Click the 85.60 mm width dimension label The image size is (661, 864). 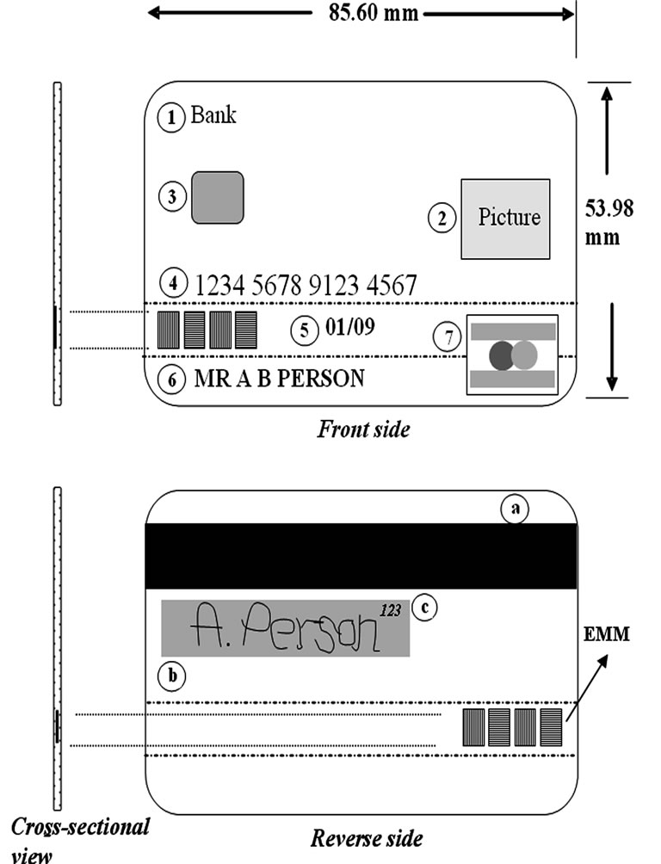click(x=374, y=12)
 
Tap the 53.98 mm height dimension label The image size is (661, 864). click(x=608, y=223)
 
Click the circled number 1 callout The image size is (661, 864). click(x=171, y=117)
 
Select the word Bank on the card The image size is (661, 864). click(x=213, y=114)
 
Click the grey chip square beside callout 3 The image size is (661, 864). click(x=217, y=197)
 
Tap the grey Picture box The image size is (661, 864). click(x=505, y=219)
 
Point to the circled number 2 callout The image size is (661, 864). click(x=442, y=219)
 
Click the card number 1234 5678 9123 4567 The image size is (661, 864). click(x=306, y=286)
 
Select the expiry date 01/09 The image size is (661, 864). click(x=350, y=327)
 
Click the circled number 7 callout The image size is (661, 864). click(x=448, y=336)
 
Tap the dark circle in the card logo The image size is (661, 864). click(x=501, y=355)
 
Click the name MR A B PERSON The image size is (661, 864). click(x=280, y=379)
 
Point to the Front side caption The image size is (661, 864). click(x=363, y=429)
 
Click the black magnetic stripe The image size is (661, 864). click(x=361, y=556)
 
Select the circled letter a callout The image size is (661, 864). click(x=515, y=509)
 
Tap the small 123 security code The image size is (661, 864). click(x=390, y=610)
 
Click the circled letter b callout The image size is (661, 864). click(x=172, y=676)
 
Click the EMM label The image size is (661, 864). click(x=607, y=634)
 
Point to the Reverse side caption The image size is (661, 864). click(x=368, y=839)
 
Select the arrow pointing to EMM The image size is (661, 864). click(x=587, y=688)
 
